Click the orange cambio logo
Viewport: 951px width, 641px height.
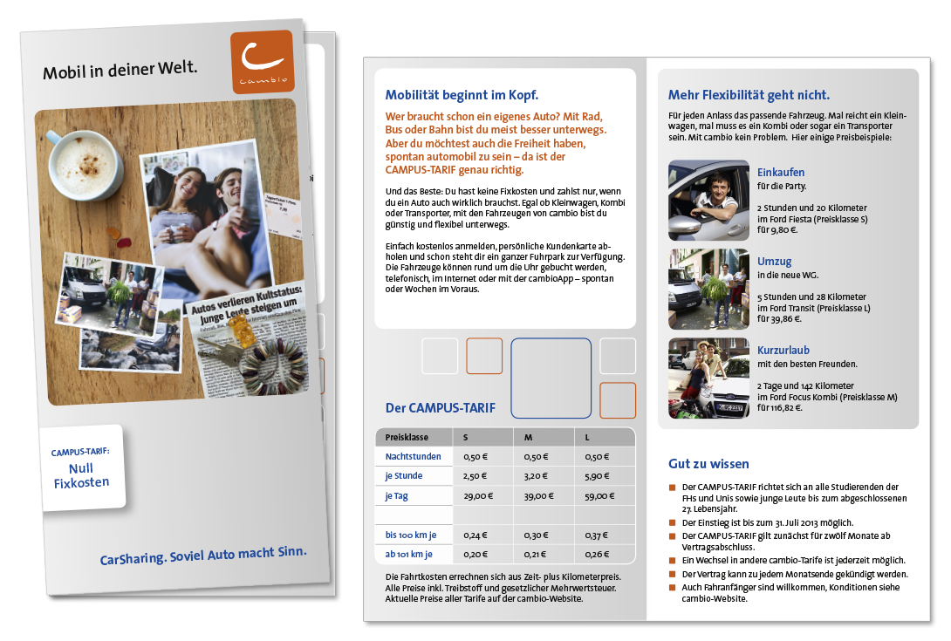[x=262, y=62]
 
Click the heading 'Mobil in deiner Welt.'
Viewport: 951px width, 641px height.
[x=120, y=70]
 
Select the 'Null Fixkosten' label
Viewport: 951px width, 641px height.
[x=81, y=474]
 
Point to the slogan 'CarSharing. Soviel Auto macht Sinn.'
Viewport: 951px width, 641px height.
[x=203, y=556]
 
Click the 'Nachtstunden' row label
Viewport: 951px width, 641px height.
[x=414, y=456]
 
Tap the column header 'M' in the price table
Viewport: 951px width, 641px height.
[x=529, y=437]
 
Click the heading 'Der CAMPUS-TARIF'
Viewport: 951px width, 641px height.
[x=440, y=407]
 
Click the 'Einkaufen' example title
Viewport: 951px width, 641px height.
[x=781, y=173]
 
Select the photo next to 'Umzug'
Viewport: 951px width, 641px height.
[x=708, y=289]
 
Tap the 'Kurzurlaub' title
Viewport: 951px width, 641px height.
[x=783, y=351]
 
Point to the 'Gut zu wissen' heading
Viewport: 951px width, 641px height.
[x=708, y=464]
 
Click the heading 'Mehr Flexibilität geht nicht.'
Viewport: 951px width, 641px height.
[x=749, y=95]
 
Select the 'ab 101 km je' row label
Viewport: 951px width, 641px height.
[x=409, y=554]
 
